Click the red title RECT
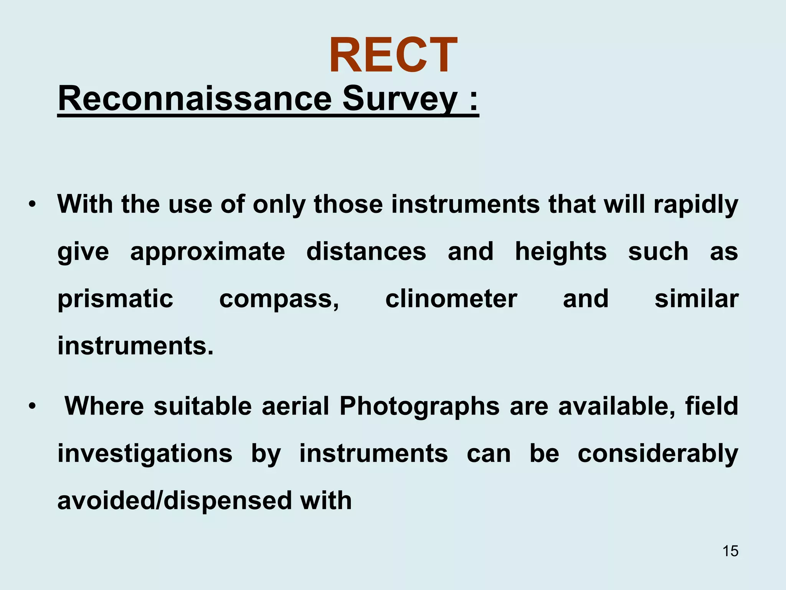(393, 55)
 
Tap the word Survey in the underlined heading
(400, 99)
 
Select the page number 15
(730, 551)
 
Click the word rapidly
(696, 204)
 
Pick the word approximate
(208, 252)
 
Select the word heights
(561, 252)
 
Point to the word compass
(279, 300)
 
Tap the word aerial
(296, 406)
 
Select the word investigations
(145, 454)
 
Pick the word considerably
(658, 454)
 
